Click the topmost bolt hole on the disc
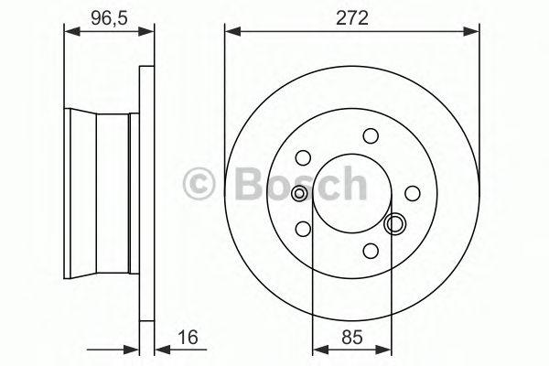[x=371, y=136]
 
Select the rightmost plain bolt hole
[x=413, y=193]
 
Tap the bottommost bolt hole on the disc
[x=371, y=250]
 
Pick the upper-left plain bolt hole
[x=304, y=156]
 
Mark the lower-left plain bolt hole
[x=304, y=230]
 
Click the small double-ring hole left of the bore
[x=300, y=193]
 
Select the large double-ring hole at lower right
[x=395, y=223]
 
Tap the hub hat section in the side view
[x=101, y=193]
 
